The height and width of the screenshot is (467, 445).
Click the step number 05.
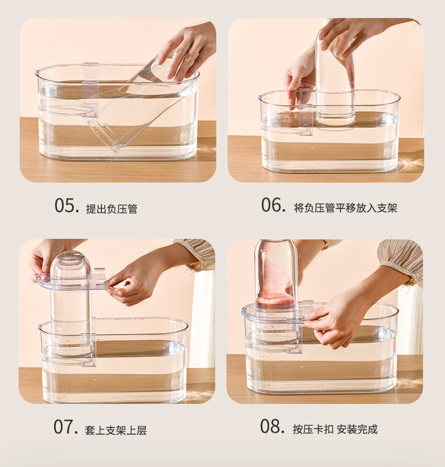pyautogui.click(x=66, y=206)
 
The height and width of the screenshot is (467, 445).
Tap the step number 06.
pyautogui.click(x=273, y=206)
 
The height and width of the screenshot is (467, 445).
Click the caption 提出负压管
pyautogui.click(x=112, y=209)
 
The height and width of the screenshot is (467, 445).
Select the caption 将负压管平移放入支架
pyautogui.click(x=345, y=208)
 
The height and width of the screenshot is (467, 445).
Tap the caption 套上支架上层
pyautogui.click(x=116, y=430)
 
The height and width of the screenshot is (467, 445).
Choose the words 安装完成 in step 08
pyautogui.click(x=357, y=429)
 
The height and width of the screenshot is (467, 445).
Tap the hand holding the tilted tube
pyautogui.click(x=186, y=51)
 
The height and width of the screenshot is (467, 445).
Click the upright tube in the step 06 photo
pyautogui.click(x=335, y=84)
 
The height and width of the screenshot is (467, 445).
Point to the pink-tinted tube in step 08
pyautogui.click(x=275, y=276)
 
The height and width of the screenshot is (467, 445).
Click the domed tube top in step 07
pyautogui.click(x=70, y=265)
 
